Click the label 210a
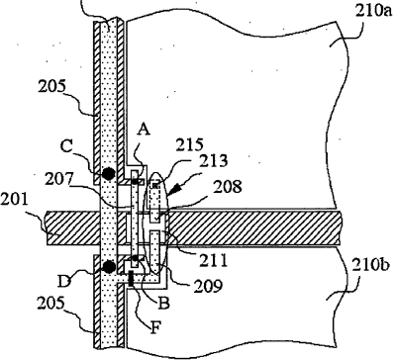[x=373, y=11]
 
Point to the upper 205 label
[x=52, y=86]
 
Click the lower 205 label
[x=52, y=304]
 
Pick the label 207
[x=60, y=179]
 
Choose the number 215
[x=190, y=146]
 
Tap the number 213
[x=214, y=161]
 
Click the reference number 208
[x=228, y=187]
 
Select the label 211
[x=213, y=260]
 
